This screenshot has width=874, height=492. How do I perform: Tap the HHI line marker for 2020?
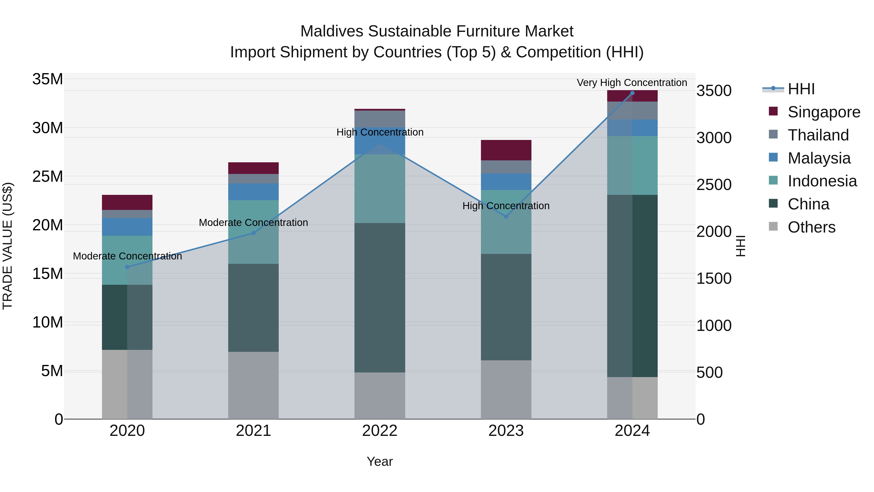pyautogui.click(x=127, y=267)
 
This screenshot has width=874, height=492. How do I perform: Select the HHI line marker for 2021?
pyautogui.click(x=253, y=233)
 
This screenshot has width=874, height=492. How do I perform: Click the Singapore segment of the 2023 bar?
pyautogui.click(x=506, y=150)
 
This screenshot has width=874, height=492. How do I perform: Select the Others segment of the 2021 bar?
pyautogui.click(x=253, y=385)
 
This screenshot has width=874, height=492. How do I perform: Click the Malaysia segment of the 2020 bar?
pyautogui.click(x=127, y=227)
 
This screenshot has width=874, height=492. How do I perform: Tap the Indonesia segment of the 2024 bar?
pyautogui.click(x=632, y=165)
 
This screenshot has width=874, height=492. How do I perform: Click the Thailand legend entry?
pyautogui.click(x=818, y=135)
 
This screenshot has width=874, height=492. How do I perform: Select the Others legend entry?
pyautogui.click(x=811, y=227)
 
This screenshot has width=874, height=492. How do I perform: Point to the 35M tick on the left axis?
pyautogui.click(x=48, y=79)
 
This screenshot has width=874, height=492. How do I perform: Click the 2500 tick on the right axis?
pyautogui.click(x=714, y=185)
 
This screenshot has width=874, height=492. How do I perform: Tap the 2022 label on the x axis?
pyautogui.click(x=380, y=431)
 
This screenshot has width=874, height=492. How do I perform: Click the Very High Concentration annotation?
pyautogui.click(x=632, y=83)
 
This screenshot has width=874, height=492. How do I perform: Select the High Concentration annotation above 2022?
pyautogui.click(x=380, y=132)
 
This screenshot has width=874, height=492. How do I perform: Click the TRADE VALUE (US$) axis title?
pyautogui.click(x=8, y=246)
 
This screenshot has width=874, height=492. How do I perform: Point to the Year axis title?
pyautogui.click(x=380, y=461)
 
